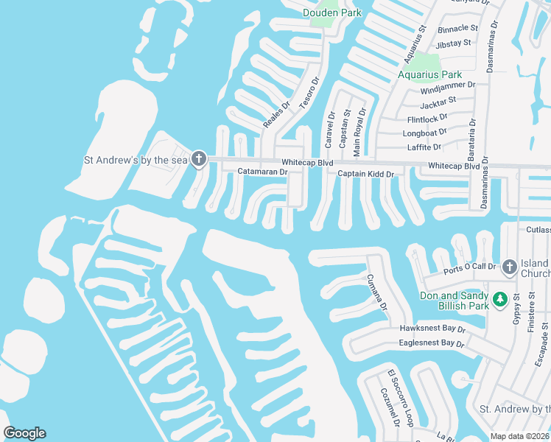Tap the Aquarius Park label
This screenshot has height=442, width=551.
429,74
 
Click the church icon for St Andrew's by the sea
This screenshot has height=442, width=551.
198,158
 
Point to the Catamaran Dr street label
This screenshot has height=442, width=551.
262,172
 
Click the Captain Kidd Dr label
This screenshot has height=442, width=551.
366,174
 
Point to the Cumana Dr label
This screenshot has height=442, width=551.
377,292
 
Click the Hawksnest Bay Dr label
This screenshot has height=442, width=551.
432,329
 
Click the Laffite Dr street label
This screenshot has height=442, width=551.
424,147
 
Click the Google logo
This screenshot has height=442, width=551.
25,433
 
